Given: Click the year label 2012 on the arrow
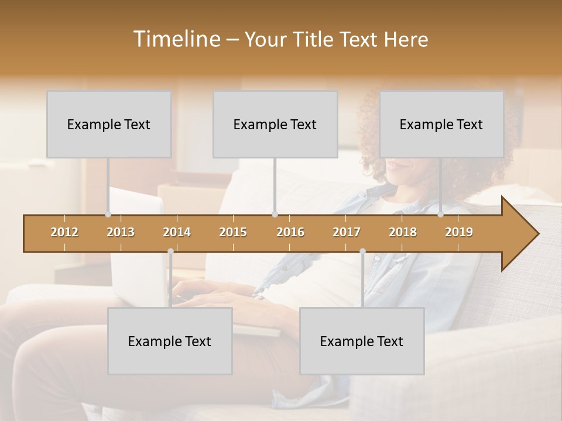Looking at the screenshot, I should click(x=64, y=232).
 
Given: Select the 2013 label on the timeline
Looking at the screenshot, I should click(x=121, y=232).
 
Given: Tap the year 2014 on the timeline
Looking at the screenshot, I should click(x=177, y=232).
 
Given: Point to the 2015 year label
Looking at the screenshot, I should click(x=233, y=232).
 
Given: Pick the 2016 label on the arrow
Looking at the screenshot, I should click(x=290, y=232).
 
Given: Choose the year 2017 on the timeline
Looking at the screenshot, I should click(x=347, y=232).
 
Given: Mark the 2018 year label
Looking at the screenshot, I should click(x=403, y=232).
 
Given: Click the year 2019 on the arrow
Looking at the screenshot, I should click(x=459, y=232).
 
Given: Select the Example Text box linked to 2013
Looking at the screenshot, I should click(x=109, y=124).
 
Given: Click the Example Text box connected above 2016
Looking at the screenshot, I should click(x=275, y=124).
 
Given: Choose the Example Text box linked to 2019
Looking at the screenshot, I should click(x=441, y=124).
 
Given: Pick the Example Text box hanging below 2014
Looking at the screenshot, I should click(x=170, y=341).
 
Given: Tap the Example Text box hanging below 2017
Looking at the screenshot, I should click(x=362, y=341).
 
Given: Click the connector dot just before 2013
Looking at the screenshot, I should click(x=108, y=215).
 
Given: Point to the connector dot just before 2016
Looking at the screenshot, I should click(x=275, y=215).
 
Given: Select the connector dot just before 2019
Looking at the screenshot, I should click(x=441, y=215).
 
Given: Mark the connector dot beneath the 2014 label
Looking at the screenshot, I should click(x=170, y=251).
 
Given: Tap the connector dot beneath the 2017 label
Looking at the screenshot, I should click(x=362, y=251).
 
